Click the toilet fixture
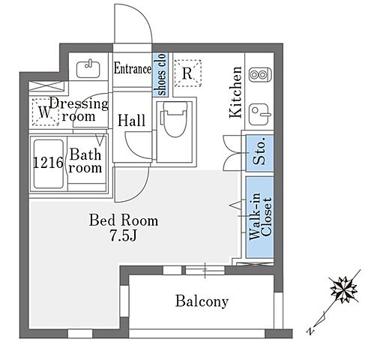(175, 119)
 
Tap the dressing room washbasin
(88, 69)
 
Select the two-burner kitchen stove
(260, 74)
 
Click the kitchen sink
(260, 115)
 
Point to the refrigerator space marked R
(187, 73)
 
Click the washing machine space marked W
(45, 112)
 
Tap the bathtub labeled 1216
(49, 163)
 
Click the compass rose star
(344, 289)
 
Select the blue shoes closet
(160, 74)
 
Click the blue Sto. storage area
(259, 153)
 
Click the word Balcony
(202, 301)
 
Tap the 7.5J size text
(124, 235)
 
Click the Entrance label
(133, 68)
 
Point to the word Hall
(131, 121)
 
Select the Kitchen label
(236, 92)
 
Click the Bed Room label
(124, 220)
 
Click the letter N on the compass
(310, 331)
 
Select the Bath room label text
(85, 160)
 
